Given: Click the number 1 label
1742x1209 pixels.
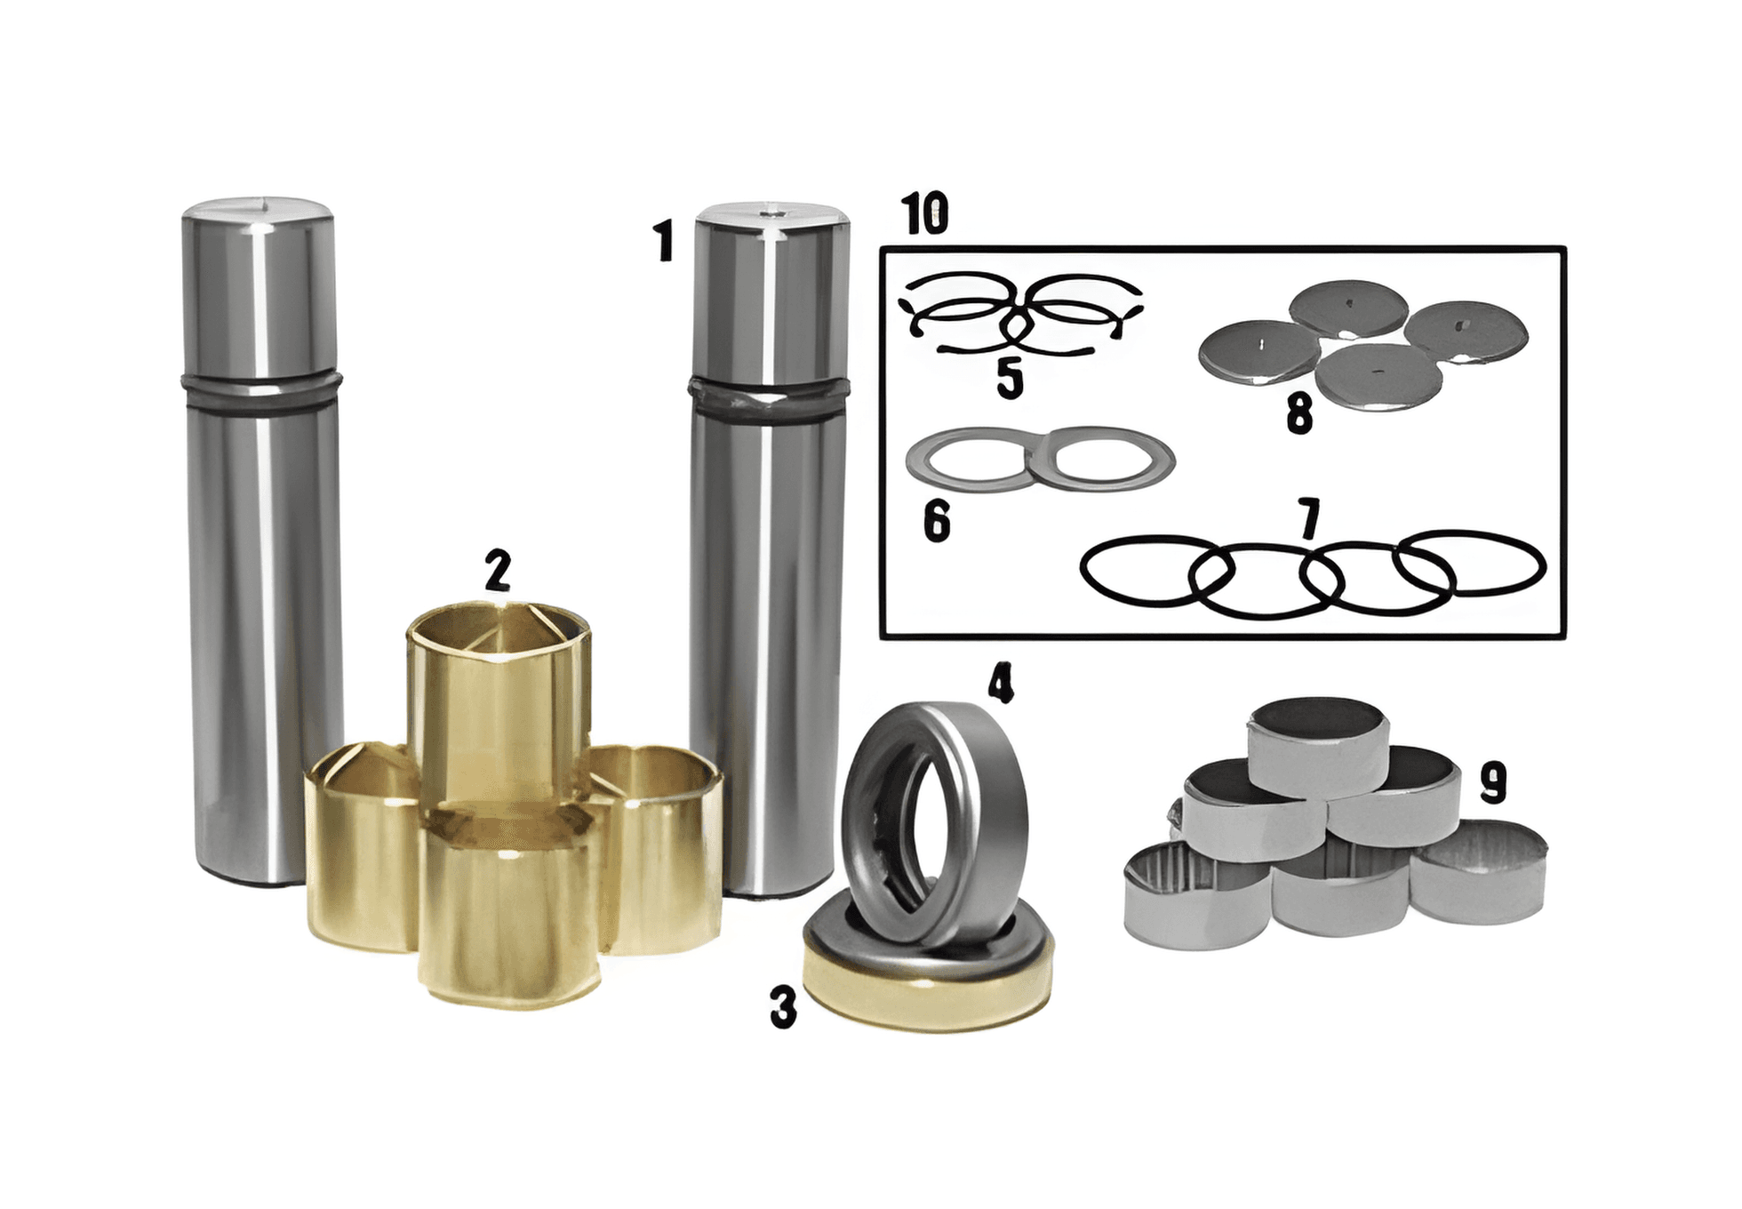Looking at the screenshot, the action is (x=663, y=242).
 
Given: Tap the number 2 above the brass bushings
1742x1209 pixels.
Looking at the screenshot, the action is (x=498, y=571).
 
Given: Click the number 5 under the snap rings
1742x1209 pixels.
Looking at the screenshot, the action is (x=1010, y=378).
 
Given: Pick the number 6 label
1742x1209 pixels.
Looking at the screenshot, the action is (x=937, y=521).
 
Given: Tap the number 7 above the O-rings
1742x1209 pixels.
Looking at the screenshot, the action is (x=1308, y=519).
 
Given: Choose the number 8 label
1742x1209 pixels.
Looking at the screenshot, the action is (x=1299, y=414).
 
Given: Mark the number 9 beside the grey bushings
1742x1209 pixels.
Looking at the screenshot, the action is (x=1493, y=783).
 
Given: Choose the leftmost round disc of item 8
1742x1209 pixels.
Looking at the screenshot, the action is (x=1259, y=356).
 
